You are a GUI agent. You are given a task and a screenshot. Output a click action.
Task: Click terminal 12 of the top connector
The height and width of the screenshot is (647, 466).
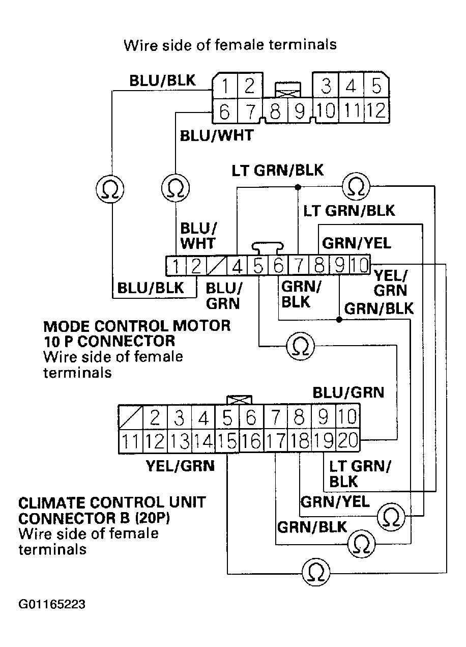[376, 110]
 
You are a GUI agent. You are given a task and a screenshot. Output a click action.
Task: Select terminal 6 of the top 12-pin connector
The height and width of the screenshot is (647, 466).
[224, 110]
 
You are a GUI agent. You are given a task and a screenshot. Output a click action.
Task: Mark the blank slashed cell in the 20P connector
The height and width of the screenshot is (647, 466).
[131, 417]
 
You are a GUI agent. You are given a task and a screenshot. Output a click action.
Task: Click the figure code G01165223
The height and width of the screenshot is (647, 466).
[52, 605]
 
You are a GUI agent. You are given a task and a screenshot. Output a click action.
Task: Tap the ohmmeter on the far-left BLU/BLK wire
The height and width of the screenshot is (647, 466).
[109, 189]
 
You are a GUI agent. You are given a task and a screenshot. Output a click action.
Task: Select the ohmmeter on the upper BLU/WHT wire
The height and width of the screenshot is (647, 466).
[176, 189]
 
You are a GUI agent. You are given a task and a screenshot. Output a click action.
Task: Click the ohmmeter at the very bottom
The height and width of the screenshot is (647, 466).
[315, 571]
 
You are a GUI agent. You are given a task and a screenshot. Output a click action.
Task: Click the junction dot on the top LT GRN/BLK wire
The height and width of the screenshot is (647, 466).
[298, 187]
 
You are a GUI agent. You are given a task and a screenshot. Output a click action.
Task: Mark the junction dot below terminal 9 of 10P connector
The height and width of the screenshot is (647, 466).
[339, 320]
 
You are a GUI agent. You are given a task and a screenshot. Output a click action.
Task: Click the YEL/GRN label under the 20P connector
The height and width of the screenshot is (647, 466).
[180, 465]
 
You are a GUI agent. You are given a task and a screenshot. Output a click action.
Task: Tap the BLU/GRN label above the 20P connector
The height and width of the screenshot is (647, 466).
[348, 392]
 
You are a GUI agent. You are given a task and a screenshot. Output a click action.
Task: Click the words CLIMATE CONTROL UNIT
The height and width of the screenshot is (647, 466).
[112, 503]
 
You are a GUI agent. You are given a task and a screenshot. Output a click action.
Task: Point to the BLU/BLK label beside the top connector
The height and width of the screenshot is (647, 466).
[162, 81]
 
